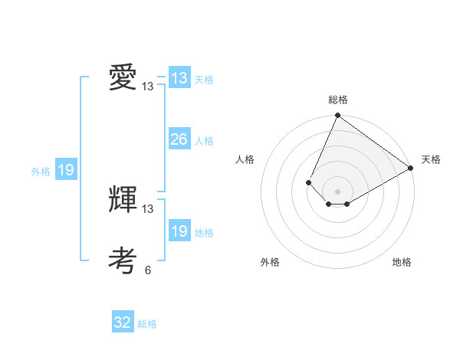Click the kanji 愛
[x=123, y=78]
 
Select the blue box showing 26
[x=179, y=139]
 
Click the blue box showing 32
[x=123, y=322]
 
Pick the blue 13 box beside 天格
[x=179, y=78]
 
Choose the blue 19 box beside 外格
[x=66, y=170]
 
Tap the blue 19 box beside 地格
[x=179, y=231]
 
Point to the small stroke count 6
[x=148, y=270]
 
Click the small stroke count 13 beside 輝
[x=148, y=208]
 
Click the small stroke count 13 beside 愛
[x=148, y=87]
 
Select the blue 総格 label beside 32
[x=147, y=324]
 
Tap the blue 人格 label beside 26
[x=204, y=141]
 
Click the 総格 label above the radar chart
[x=337, y=100]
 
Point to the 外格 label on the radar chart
[x=270, y=262]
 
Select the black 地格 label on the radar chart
[x=402, y=262]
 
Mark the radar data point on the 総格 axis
[x=337, y=116]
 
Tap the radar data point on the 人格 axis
[x=308, y=182]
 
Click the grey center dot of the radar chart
[x=337, y=191]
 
